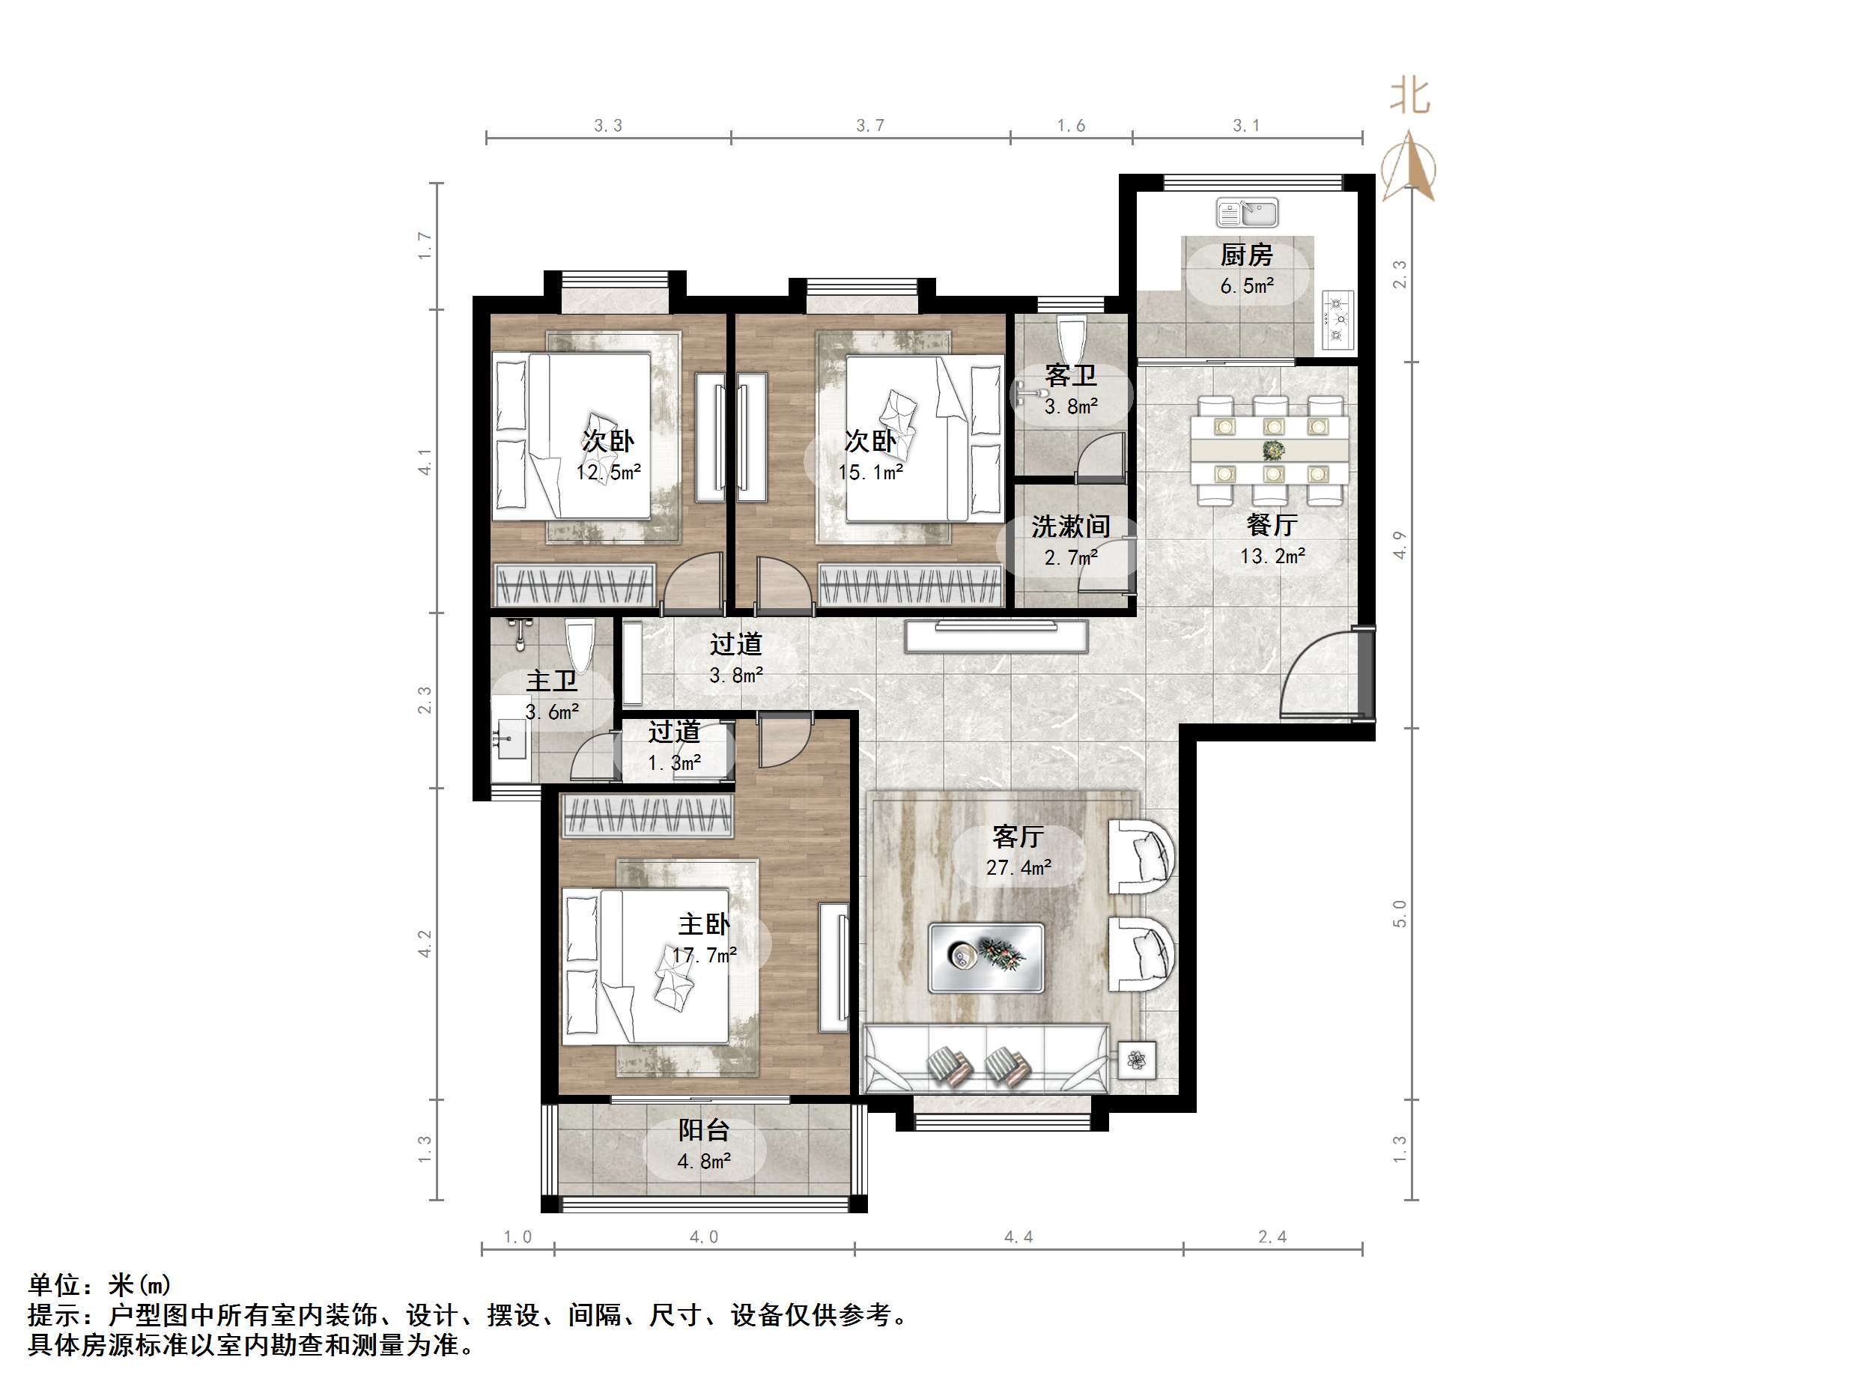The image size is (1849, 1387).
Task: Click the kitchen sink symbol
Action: coord(1247,213)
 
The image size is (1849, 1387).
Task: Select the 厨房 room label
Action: coord(1246,254)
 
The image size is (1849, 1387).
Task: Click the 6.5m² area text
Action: coord(1246,286)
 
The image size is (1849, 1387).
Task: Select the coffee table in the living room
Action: coord(986,957)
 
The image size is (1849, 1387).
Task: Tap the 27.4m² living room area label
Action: coord(1018,868)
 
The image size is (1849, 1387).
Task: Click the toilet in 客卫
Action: coord(1071,338)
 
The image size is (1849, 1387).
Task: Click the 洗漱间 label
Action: coord(1071,526)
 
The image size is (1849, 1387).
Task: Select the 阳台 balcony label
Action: coord(704,1130)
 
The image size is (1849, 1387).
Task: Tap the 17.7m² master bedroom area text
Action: coord(705,955)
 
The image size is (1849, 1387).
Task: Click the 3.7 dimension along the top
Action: coord(869,125)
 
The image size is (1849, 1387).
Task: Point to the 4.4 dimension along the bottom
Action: coord(1018,1237)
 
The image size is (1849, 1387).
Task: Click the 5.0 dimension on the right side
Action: coord(1399,914)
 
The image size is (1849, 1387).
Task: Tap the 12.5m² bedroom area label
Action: coord(609,473)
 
